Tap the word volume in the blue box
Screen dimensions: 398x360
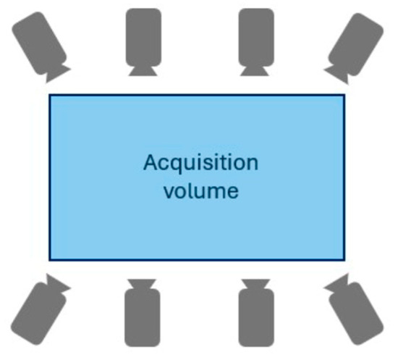point(201,191)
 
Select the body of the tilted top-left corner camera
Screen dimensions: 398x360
point(39,43)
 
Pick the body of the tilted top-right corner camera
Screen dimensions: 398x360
point(356,44)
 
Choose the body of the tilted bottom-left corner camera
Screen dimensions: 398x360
point(38,313)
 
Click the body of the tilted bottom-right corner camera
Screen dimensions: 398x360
point(356,313)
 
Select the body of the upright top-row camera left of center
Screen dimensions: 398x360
point(143,38)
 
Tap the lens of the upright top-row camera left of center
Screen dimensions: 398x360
point(143,71)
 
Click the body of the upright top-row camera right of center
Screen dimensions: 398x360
point(256,38)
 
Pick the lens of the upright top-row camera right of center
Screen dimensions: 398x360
point(255,71)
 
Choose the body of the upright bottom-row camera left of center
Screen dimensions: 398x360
point(143,317)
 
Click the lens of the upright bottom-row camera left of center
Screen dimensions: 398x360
point(142,284)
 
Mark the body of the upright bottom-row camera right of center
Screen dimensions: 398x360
point(256,317)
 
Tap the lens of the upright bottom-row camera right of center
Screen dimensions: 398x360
point(256,284)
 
